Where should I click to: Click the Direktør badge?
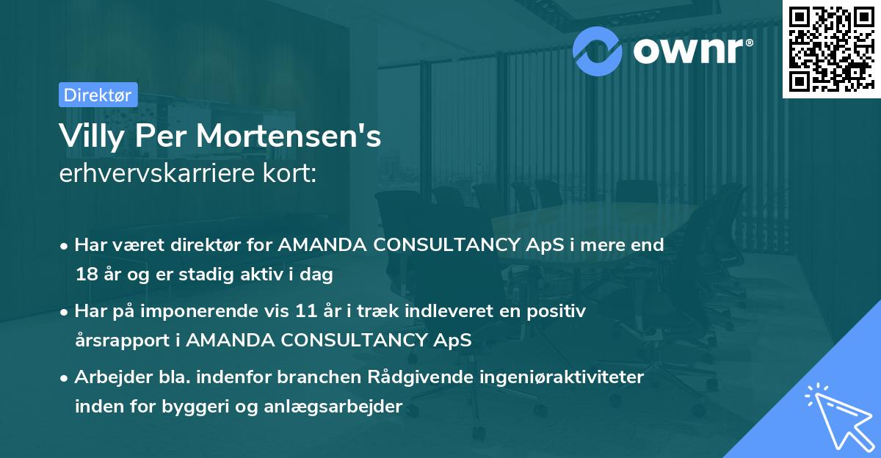point(98,95)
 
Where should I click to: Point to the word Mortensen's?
point(306,137)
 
